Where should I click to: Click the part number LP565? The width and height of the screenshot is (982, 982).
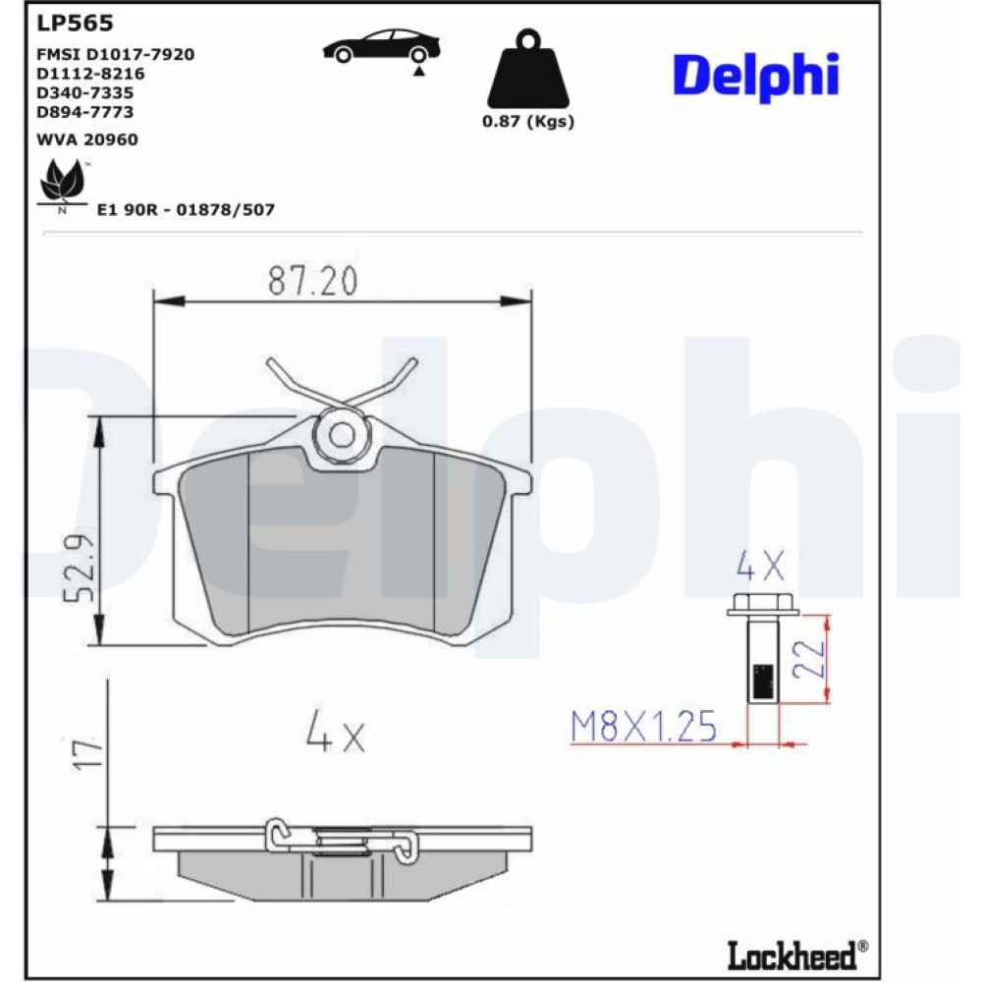(76, 24)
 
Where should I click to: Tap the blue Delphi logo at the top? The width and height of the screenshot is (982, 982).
(756, 77)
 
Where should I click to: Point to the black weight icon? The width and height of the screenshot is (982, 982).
(528, 69)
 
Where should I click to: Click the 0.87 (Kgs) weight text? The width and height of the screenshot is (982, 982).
(528, 121)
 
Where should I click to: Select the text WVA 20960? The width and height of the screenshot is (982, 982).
(87, 139)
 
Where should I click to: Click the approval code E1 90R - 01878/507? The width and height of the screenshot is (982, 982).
(186, 209)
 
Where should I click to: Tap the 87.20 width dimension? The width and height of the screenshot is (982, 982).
(313, 281)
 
